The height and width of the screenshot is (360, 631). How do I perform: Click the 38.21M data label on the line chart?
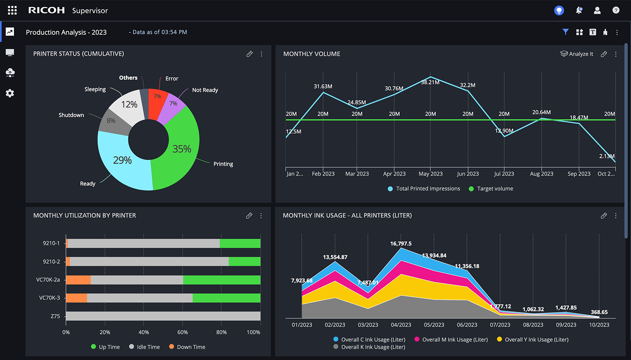[430, 82]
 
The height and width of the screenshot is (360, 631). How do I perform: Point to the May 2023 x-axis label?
[431, 174]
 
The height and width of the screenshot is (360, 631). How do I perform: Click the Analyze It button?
[577, 54]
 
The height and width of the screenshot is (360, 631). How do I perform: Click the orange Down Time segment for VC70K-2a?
[78, 280]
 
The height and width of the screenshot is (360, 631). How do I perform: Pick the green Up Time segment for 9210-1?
[240, 243]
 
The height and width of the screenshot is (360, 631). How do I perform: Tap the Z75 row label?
[55, 316]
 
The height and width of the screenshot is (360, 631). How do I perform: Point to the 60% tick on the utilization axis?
[182, 332]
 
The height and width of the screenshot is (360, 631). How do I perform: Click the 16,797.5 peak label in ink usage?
[401, 243]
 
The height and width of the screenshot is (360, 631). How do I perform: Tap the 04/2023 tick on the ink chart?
[401, 325]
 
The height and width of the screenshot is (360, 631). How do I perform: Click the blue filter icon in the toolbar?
[566, 32]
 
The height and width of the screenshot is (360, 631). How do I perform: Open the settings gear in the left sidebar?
[10, 93]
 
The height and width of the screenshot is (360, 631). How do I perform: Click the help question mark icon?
[616, 10]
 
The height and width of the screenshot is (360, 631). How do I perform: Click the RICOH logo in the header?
[46, 10]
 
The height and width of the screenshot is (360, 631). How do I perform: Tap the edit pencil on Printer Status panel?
[249, 54]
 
